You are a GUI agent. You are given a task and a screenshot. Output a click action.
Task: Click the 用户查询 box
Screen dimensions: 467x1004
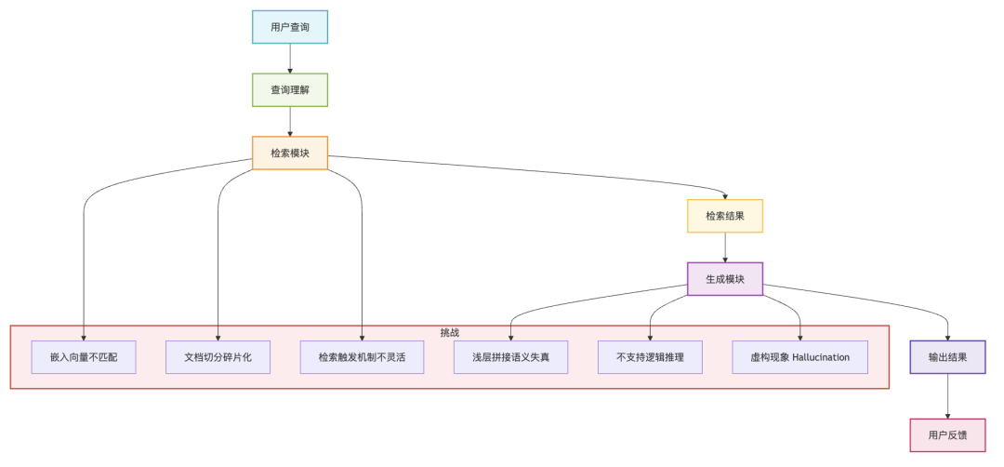pyautogui.click(x=290, y=27)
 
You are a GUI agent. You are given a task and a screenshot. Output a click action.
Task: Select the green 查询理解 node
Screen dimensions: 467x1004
pyautogui.click(x=290, y=90)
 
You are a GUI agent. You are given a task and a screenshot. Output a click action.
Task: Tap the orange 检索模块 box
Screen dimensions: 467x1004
pyautogui.click(x=290, y=153)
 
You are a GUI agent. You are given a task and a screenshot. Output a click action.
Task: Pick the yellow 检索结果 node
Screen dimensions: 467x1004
pyautogui.click(x=725, y=216)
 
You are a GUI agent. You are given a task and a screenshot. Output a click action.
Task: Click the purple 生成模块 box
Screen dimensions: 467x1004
pyautogui.click(x=725, y=279)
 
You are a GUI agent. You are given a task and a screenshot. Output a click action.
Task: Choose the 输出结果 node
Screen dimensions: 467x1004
pyautogui.click(x=947, y=357)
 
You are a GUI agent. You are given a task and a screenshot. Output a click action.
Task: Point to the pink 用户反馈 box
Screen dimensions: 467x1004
pyautogui.click(x=947, y=434)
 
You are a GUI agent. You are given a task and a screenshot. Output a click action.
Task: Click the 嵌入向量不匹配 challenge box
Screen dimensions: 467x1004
pyautogui.click(x=84, y=357)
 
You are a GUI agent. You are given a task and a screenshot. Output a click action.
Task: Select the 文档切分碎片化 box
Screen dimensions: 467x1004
pyautogui.click(x=218, y=357)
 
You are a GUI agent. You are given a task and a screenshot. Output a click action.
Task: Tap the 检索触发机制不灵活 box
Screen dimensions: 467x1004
pyautogui.click(x=362, y=357)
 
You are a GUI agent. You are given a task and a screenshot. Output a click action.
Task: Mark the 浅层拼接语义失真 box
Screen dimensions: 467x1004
pyautogui.click(x=510, y=357)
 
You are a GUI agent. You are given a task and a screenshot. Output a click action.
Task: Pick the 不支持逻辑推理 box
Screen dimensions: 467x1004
pyautogui.click(x=650, y=357)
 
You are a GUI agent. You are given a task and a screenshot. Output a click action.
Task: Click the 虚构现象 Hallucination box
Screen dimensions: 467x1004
pyautogui.click(x=799, y=357)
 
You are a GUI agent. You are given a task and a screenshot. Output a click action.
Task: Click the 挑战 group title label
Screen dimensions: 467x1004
pyautogui.click(x=450, y=332)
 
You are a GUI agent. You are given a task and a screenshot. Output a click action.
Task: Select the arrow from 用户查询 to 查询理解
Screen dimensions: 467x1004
pyautogui.click(x=290, y=58)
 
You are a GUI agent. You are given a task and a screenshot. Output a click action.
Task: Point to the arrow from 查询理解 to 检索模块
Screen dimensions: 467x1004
pyautogui.click(x=290, y=121)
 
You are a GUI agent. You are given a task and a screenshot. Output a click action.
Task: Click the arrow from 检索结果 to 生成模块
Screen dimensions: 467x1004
pyautogui.click(x=725, y=247)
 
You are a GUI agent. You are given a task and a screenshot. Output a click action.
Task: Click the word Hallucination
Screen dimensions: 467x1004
pyautogui.click(x=821, y=357)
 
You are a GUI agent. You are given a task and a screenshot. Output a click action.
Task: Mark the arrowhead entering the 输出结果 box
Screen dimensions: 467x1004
pyautogui.click(x=947, y=337)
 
